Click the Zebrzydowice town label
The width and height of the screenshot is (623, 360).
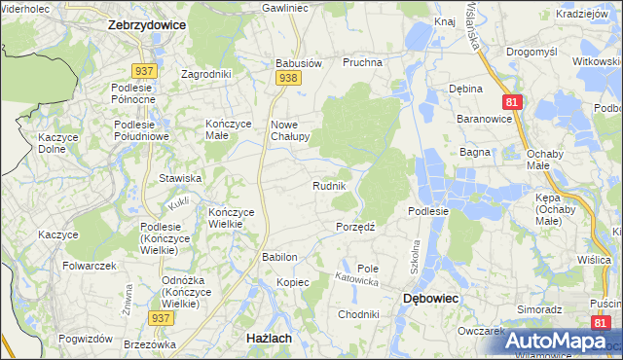tap(146, 26)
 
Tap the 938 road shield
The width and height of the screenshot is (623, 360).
tap(286, 79)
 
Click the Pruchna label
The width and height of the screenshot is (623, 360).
tap(362, 62)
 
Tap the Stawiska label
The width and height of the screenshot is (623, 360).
tap(180, 178)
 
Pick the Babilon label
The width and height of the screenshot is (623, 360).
tap(279, 257)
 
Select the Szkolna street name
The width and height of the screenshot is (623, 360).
tap(414, 255)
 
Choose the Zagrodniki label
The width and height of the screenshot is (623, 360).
tap(205, 73)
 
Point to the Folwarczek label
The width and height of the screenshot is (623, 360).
tap(90, 265)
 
